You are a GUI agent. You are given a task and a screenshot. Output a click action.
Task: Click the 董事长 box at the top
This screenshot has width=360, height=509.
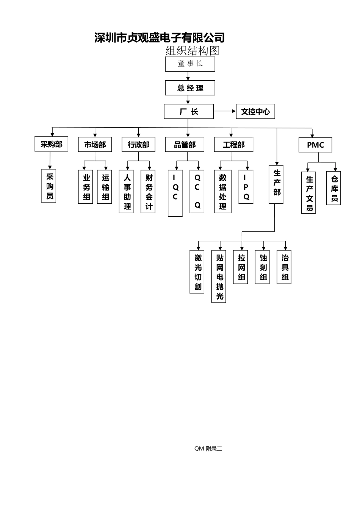[x=190, y=64]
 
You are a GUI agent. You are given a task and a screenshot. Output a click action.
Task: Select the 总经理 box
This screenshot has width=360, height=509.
[x=190, y=88]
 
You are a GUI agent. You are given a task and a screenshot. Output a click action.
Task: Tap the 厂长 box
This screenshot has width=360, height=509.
[x=189, y=112]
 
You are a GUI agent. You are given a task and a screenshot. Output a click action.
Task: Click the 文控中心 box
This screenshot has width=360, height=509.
[x=255, y=112]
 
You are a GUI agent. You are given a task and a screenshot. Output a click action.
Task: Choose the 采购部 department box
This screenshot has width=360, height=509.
[x=52, y=144]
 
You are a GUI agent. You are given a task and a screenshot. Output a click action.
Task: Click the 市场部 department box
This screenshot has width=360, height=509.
[x=95, y=144]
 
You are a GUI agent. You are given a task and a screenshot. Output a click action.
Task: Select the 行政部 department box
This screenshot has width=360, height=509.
[x=139, y=144]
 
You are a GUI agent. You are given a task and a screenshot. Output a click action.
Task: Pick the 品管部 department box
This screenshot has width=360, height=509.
[x=185, y=144]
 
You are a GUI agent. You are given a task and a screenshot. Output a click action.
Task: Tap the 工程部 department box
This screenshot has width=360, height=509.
[x=234, y=144]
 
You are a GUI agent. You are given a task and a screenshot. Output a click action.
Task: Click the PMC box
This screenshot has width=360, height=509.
[x=315, y=145]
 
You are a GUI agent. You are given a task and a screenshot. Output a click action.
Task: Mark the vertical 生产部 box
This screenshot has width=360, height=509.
[x=276, y=184]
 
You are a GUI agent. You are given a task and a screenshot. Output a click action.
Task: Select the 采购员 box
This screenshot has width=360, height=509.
[x=49, y=186]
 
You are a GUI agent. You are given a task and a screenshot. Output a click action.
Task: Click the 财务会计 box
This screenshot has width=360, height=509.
[x=148, y=191]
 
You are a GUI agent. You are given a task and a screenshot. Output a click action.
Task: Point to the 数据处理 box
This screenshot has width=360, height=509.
[x=223, y=191]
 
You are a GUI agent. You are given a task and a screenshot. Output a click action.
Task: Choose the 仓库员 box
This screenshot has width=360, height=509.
[x=333, y=188]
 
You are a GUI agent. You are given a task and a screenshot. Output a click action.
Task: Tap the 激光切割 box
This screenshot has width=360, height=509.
[x=197, y=272]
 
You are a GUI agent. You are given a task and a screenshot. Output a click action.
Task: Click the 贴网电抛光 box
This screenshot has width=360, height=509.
[x=219, y=276]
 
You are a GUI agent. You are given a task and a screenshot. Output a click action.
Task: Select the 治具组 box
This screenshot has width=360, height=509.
[x=284, y=267]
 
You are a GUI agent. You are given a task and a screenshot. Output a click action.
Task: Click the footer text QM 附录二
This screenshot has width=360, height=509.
[x=208, y=449]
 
